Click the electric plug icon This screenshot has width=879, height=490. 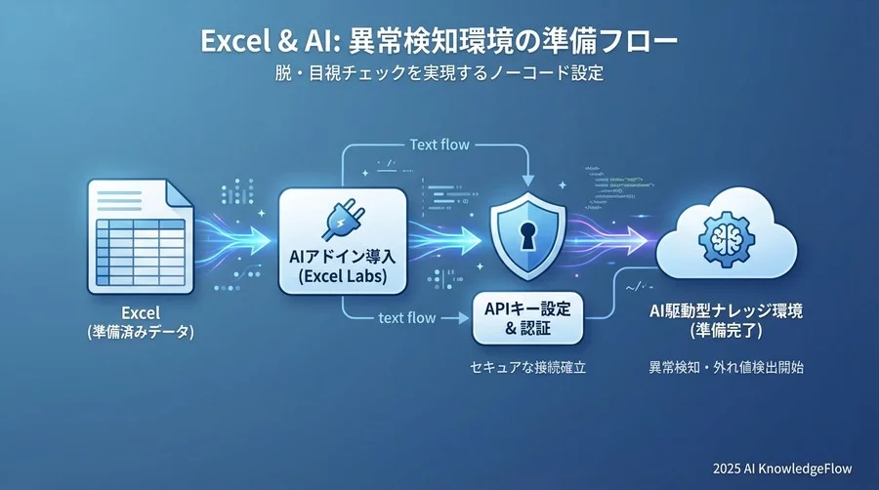coord(342,220)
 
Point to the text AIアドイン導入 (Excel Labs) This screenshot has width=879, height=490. coord(342,267)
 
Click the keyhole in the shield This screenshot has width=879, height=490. coord(527,235)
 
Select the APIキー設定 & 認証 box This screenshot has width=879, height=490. coord(527,316)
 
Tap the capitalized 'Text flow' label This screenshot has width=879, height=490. coord(439,144)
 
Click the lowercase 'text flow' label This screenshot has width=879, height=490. coord(407,317)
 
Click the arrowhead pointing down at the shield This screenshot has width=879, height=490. coord(527,179)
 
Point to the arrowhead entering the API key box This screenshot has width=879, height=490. coord(462,317)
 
